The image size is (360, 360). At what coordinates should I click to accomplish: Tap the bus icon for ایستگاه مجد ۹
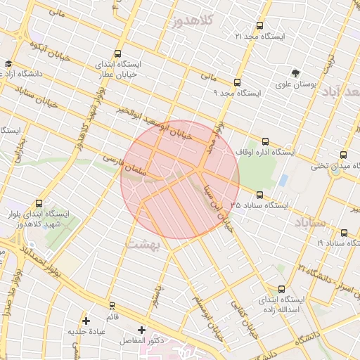coord(237,82)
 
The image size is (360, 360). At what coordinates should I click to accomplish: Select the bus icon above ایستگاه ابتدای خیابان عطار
coord(117,53)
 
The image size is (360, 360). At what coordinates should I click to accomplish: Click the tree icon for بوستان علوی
coord(296,72)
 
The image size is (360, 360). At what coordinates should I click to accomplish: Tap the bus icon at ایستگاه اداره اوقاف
coord(264,141)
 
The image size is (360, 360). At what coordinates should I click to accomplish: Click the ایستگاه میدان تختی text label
coord(335,166)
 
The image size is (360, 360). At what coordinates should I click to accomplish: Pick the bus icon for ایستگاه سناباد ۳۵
coord(259,195)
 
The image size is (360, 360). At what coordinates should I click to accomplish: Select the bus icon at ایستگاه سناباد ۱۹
coord(344,233)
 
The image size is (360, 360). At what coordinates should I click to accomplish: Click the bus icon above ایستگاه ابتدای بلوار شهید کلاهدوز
coord(39,204)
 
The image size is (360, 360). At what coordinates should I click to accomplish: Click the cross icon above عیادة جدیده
coord(86,321)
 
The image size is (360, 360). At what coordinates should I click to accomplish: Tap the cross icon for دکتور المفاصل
coord(142,330)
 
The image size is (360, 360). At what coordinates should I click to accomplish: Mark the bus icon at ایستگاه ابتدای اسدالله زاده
coord(282,288)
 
